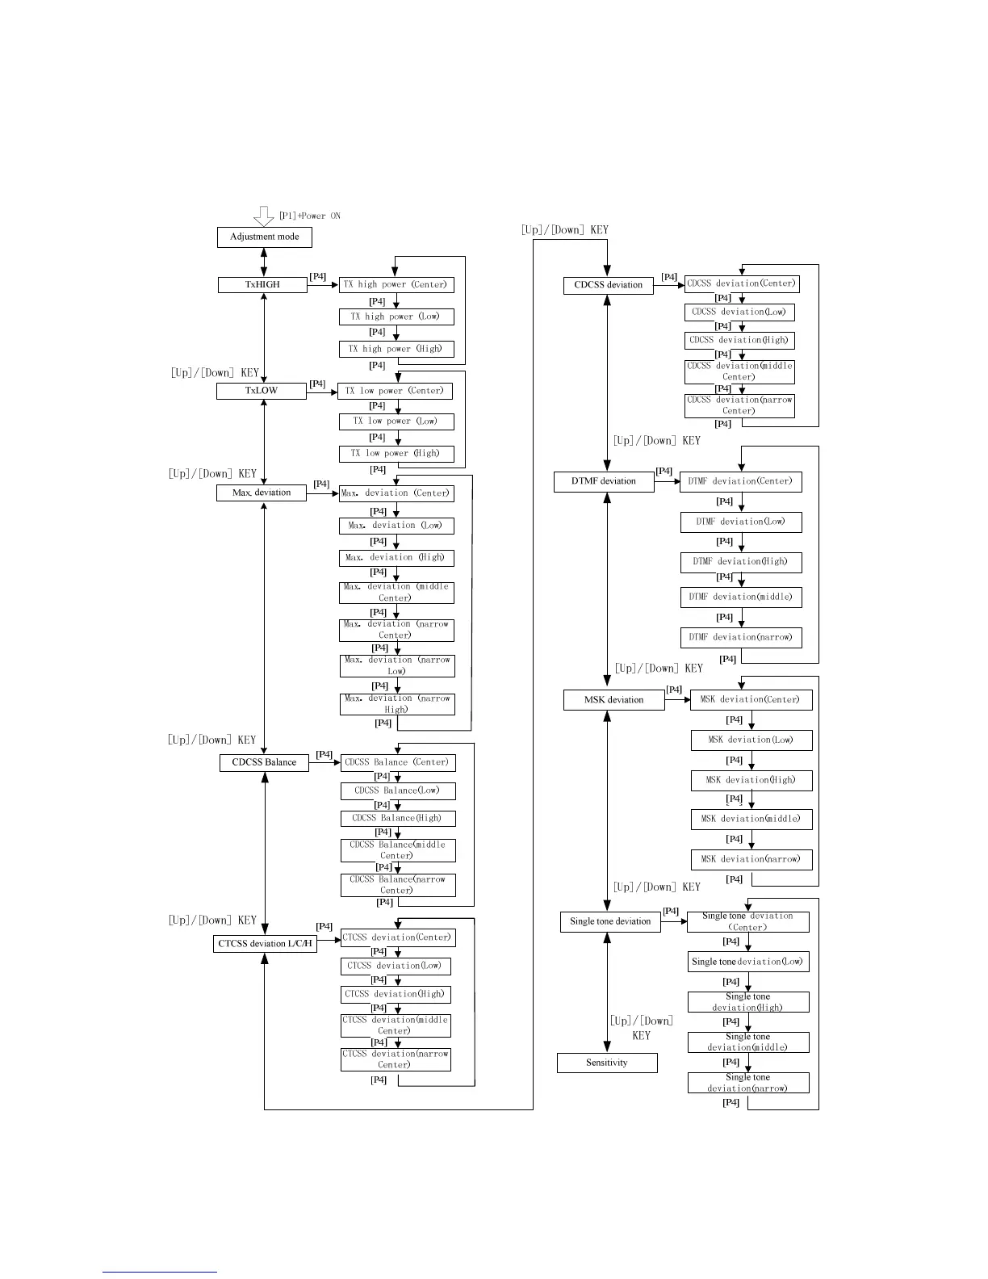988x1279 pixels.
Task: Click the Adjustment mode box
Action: pyautogui.click(x=264, y=237)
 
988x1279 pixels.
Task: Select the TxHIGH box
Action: pyautogui.click(x=262, y=285)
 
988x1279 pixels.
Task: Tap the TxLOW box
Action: pyautogui.click(x=261, y=391)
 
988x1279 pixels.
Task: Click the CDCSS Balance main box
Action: pyautogui.click(x=264, y=762)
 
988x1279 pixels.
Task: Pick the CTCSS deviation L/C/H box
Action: pyautogui.click(x=265, y=943)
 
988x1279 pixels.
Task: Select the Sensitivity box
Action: pyautogui.click(x=606, y=1063)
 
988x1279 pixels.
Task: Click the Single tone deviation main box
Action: pyautogui.click(x=609, y=921)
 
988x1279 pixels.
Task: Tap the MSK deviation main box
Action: pyautogui.click(x=613, y=700)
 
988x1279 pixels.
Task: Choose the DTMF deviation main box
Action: pyautogui.click(x=603, y=481)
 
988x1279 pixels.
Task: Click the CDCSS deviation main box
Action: pyautogui.click(x=608, y=285)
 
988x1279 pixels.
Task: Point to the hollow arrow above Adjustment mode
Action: pyautogui.click(x=264, y=216)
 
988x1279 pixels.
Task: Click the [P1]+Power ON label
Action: pyautogui.click(x=309, y=216)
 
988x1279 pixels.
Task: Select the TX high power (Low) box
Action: pyautogui.click(x=396, y=317)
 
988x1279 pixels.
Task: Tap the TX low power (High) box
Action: pyautogui.click(x=396, y=453)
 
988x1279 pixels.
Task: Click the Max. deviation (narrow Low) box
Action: pyautogui.click(x=396, y=665)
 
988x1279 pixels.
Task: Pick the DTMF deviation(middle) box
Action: pyautogui.click(x=740, y=597)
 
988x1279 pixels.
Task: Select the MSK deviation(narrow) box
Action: pyautogui.click(x=751, y=859)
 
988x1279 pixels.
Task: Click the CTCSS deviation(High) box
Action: pyautogui.click(x=395, y=994)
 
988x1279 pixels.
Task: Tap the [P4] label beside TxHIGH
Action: pyautogui.click(x=318, y=276)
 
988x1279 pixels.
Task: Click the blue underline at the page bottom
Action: pyautogui.click(x=160, y=1272)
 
